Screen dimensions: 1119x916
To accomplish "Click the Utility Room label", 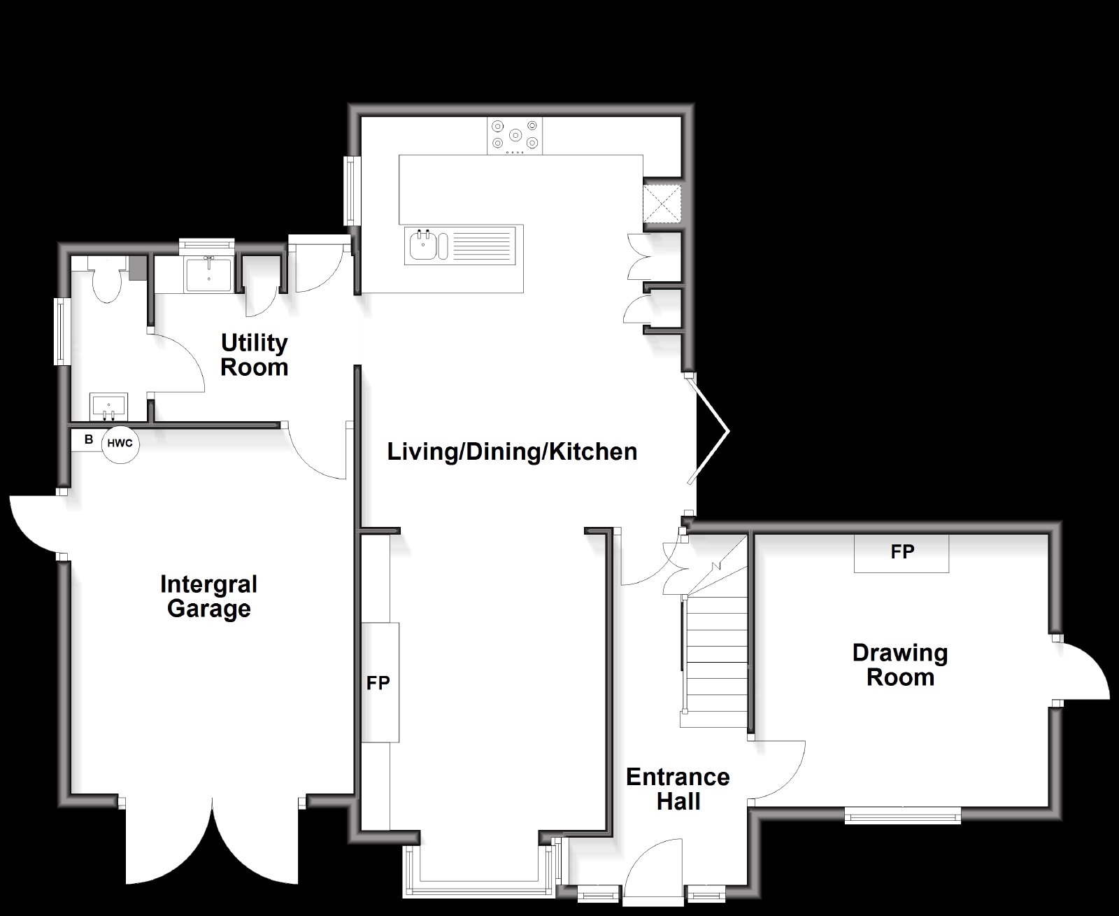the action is (254, 355).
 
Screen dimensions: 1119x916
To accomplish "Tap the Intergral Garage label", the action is (208, 596).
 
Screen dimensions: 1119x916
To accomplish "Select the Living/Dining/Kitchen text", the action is (512, 452).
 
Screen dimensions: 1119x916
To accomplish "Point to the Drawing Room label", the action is (900, 665).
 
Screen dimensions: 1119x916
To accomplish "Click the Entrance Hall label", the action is (678, 789).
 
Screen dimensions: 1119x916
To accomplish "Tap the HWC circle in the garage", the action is (120, 444).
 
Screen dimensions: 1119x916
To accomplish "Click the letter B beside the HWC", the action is (89, 439).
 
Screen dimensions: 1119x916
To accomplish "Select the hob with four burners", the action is (515, 136).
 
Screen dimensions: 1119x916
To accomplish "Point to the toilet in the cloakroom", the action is (108, 280).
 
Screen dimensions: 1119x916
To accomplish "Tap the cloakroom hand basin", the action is (108, 407).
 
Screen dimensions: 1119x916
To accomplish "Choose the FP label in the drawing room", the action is (902, 552).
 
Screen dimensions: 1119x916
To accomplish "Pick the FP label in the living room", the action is (378, 683).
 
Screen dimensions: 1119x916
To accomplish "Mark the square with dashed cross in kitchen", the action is (662, 204).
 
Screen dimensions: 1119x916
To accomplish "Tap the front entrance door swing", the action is (653, 869).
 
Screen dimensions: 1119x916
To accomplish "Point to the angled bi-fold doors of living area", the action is (709, 430).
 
